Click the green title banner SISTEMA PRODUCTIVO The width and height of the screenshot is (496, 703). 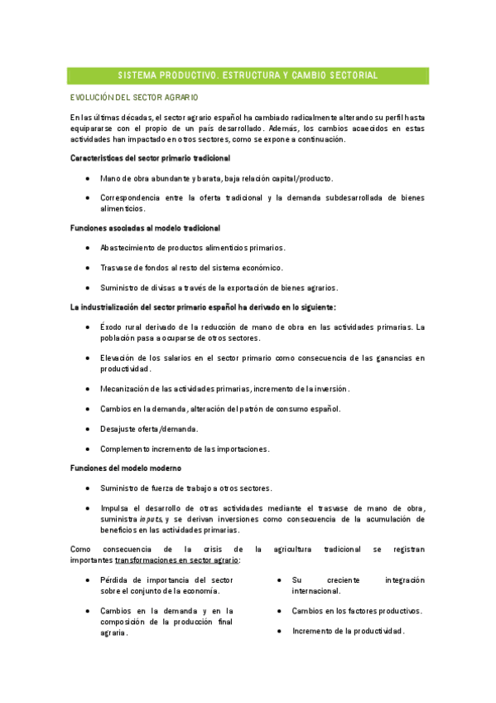(x=248, y=75)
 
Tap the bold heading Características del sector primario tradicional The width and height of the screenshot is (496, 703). (x=150, y=158)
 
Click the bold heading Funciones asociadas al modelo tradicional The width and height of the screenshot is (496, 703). (x=145, y=227)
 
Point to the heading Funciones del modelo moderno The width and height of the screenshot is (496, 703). (x=120, y=468)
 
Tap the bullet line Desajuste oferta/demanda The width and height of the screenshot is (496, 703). (x=149, y=429)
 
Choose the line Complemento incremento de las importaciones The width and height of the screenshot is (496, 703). (x=184, y=448)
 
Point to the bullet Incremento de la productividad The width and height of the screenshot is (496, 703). (x=347, y=631)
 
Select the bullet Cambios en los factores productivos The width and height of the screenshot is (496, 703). (x=356, y=611)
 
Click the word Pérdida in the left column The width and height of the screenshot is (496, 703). (x=113, y=580)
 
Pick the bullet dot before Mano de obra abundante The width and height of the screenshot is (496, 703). (x=88, y=178)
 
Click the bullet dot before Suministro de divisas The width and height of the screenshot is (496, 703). (x=88, y=288)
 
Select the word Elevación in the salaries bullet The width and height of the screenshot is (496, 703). (x=118, y=358)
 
